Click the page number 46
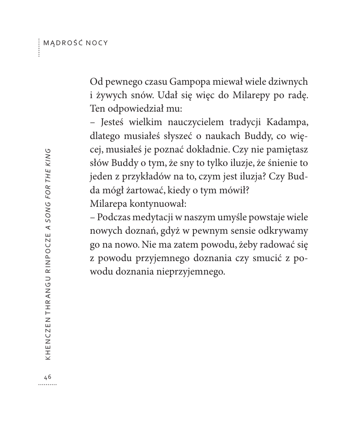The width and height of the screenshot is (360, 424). coord(47,377)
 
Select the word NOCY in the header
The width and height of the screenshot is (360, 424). coord(97,43)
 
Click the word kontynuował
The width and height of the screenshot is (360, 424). coord(151,203)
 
